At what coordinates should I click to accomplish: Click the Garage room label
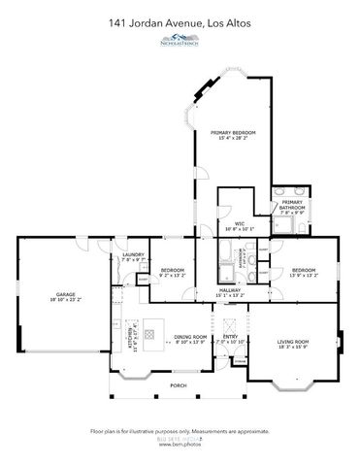tap(66, 293)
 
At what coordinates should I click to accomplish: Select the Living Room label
tap(292, 341)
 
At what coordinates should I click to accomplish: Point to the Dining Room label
tap(190, 337)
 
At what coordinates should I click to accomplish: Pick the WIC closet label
tap(239, 224)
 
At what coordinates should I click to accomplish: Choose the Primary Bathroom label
tap(293, 205)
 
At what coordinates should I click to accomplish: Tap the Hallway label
tap(230, 289)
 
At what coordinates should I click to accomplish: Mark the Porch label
tap(178, 385)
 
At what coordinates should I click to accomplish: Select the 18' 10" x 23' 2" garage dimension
tap(66, 299)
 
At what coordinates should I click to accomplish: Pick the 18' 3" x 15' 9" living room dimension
tap(292, 347)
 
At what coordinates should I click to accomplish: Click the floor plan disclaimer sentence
tap(180, 429)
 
